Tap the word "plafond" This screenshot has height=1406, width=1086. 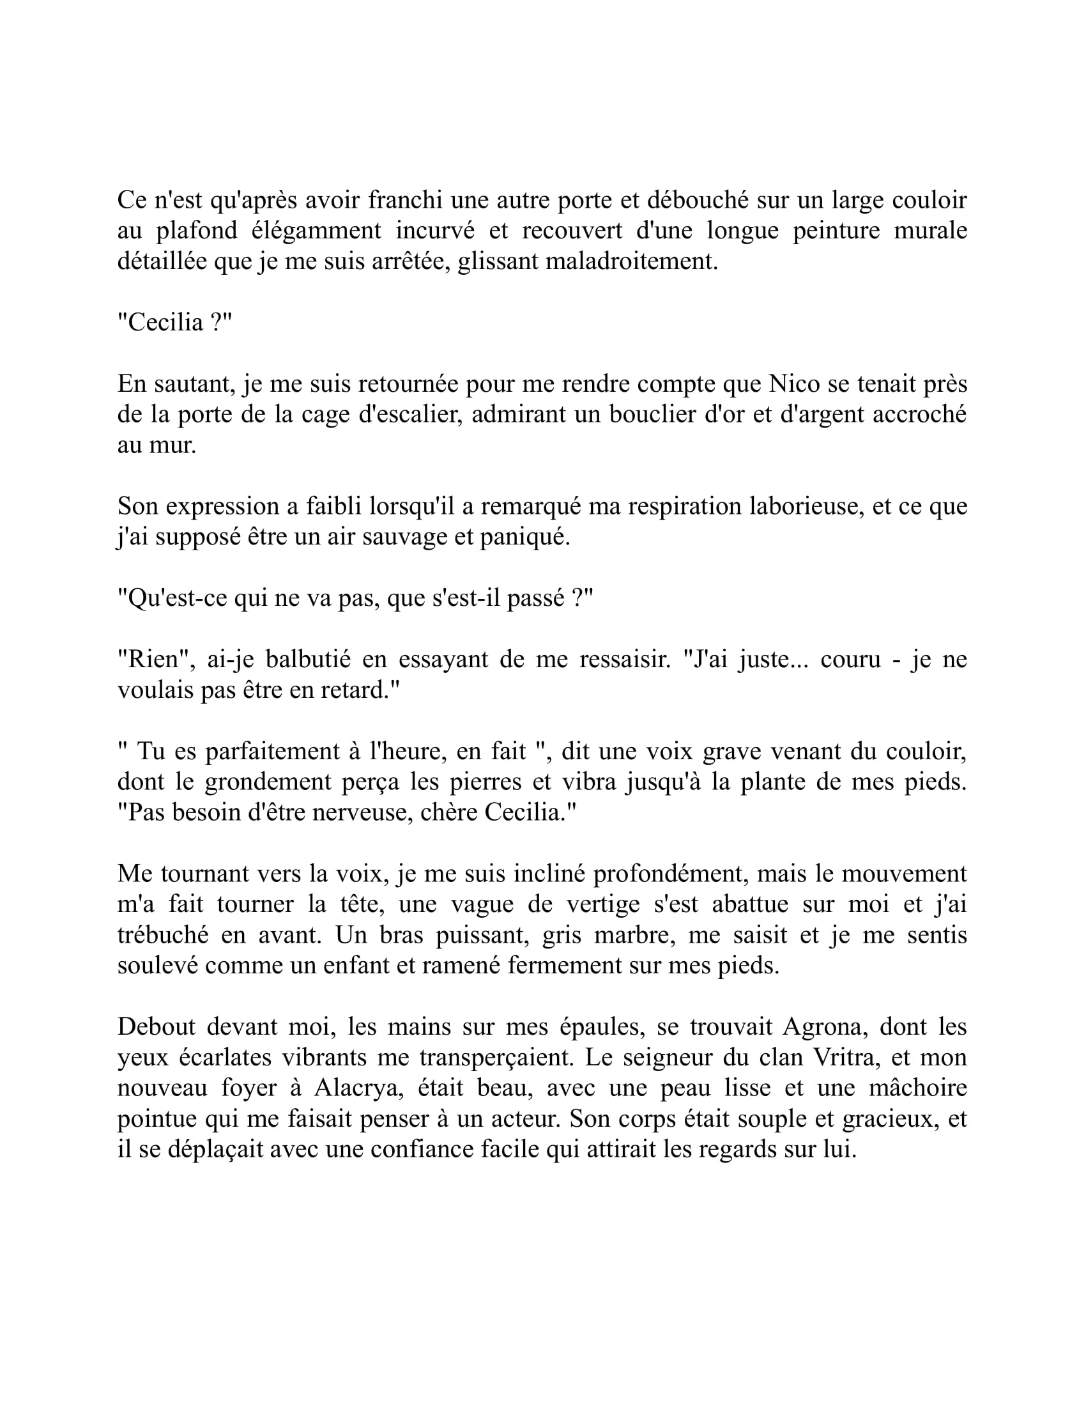tap(192, 231)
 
